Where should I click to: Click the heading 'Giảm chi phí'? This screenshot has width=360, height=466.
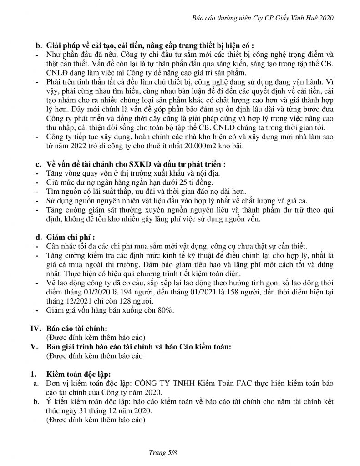(71, 237)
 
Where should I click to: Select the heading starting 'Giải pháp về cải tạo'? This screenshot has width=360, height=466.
(150, 46)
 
